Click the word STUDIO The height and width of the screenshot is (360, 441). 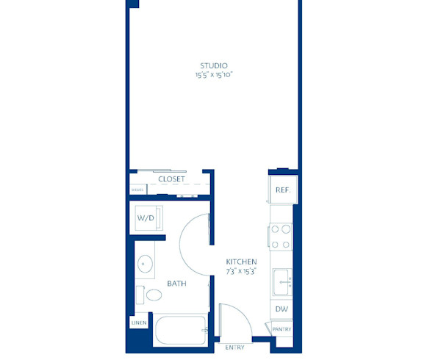click(x=213, y=65)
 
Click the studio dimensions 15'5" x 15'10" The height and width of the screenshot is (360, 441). click(x=213, y=75)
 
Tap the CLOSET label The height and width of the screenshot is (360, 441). click(x=171, y=179)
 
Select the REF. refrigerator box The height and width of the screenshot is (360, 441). click(x=282, y=190)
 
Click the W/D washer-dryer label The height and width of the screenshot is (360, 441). click(x=145, y=218)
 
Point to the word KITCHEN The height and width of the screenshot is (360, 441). click(x=241, y=262)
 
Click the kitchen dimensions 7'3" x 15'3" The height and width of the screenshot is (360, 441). click(x=241, y=271)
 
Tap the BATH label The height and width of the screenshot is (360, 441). click(x=176, y=283)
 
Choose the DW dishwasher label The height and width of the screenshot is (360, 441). click(x=282, y=309)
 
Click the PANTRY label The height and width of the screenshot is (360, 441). click(x=282, y=329)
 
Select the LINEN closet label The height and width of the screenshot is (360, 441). click(x=139, y=323)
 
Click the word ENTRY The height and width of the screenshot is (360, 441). click(x=234, y=347)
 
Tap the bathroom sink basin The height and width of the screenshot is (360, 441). click(x=144, y=264)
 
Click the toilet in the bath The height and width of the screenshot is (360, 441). click(x=154, y=295)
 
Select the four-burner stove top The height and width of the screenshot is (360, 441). click(x=281, y=237)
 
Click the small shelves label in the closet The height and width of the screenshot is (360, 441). click(x=137, y=190)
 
